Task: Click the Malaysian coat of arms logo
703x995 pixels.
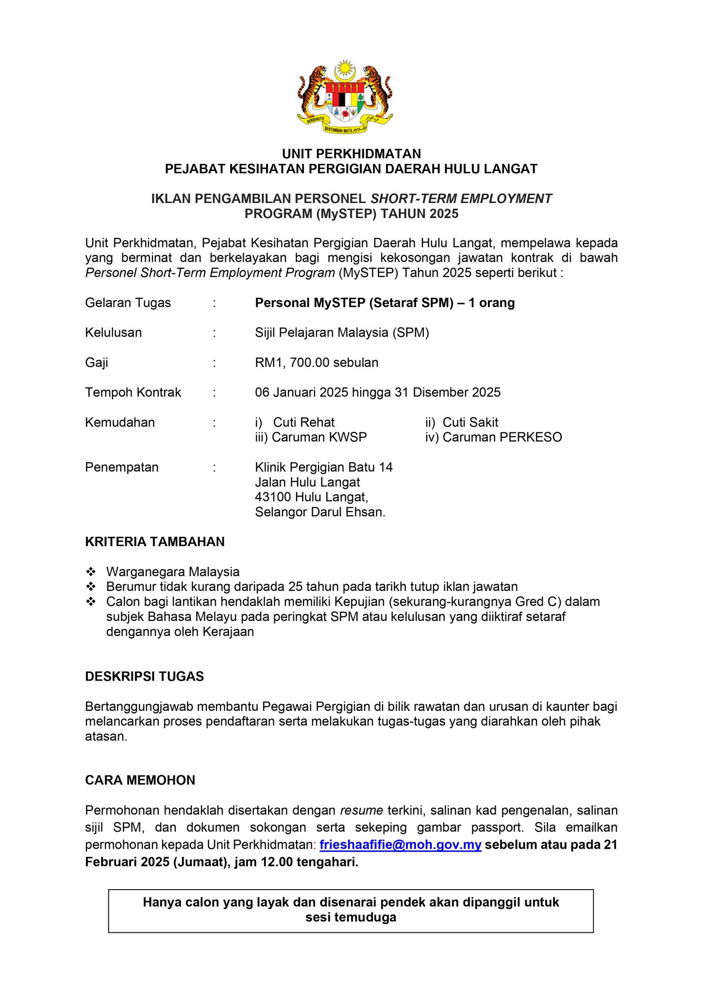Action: pos(345,97)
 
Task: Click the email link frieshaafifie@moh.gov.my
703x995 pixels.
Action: pos(401,844)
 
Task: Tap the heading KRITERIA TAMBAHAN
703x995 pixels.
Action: pos(155,542)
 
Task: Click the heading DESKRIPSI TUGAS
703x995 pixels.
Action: pos(144,676)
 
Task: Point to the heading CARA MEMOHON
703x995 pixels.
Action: pos(140,780)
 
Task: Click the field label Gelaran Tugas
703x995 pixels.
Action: pos(128,303)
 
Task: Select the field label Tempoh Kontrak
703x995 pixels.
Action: pos(133,392)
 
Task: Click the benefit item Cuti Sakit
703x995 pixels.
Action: pos(470,422)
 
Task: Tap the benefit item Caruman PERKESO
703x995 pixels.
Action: pos(502,437)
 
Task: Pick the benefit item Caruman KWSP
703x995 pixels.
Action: pos(319,437)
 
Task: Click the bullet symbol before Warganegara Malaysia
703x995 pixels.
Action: pos(91,571)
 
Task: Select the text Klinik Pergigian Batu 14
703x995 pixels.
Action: pos(324,467)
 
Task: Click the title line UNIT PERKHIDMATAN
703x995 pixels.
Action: pos(351,154)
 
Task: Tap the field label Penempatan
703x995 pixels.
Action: pos(122,467)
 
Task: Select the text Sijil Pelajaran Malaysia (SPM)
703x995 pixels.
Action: pos(342,333)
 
